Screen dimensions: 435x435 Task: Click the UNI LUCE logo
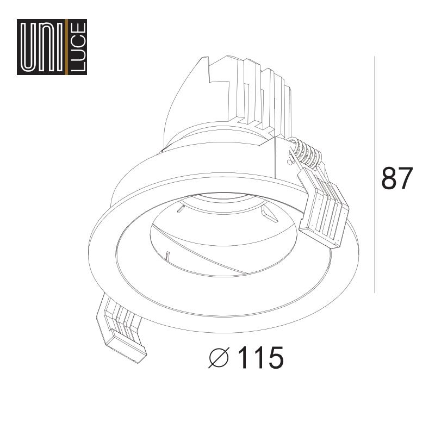[52, 47]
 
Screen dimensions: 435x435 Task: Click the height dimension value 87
[397, 178]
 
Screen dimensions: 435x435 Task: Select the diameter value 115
[260, 358]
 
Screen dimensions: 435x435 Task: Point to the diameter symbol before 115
[219, 357]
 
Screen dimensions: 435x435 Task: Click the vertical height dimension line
[374, 174]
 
